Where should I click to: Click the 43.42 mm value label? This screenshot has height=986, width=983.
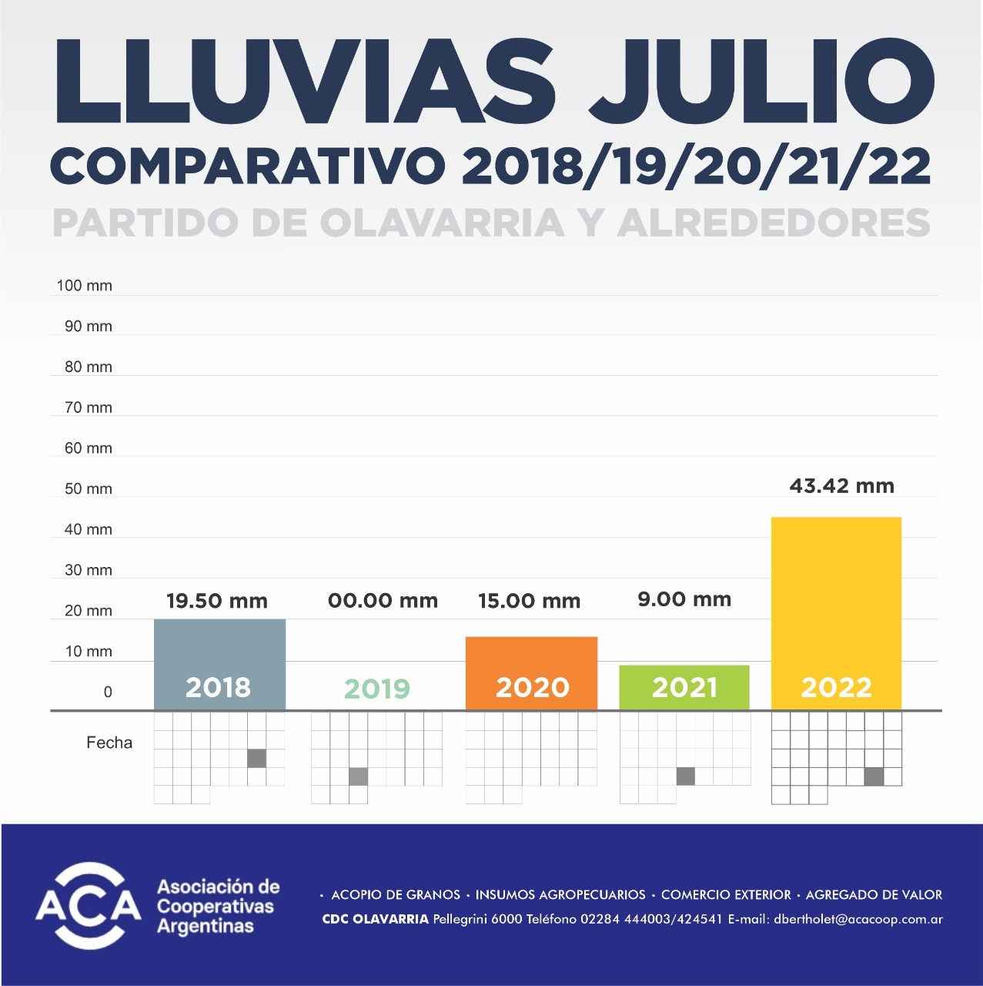(841, 486)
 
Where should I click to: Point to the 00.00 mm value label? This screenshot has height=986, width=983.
(383, 601)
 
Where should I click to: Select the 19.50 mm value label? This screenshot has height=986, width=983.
(217, 601)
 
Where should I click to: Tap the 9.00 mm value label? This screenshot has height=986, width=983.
(684, 599)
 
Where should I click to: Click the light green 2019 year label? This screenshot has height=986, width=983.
(377, 688)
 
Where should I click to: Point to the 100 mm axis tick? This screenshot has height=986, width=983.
(85, 286)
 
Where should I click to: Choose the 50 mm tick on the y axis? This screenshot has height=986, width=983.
(89, 489)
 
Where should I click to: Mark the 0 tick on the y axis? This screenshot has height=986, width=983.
(108, 692)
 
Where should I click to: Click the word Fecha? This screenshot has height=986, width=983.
(109, 743)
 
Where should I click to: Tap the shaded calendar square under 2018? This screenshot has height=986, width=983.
(257, 758)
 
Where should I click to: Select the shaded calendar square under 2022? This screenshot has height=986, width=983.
(874, 776)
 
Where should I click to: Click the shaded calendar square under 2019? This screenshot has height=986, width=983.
(358, 776)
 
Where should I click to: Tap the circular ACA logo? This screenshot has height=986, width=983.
(89, 906)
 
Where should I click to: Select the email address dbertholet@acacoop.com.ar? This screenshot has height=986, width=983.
(858, 919)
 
